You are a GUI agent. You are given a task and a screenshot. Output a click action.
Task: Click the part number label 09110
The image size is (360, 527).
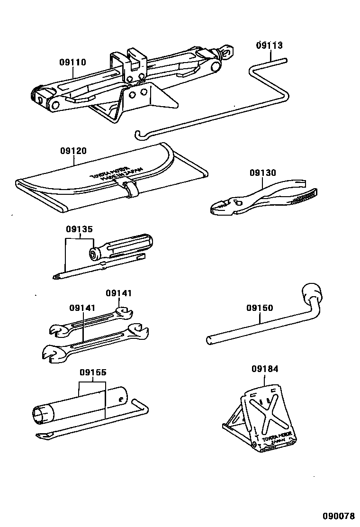[x=72, y=62]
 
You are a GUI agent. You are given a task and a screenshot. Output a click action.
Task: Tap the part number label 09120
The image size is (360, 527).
[x=73, y=151]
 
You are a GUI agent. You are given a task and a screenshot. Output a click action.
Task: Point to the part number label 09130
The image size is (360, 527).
[x=263, y=173]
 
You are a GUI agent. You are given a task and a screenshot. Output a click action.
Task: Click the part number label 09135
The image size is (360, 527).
[x=79, y=229]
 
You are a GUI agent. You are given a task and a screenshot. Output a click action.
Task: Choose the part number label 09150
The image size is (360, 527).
[x=259, y=308]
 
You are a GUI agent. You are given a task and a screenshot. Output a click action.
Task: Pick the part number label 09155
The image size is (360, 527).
[x=92, y=373]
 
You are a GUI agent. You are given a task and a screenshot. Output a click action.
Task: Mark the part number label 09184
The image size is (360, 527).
[x=265, y=368]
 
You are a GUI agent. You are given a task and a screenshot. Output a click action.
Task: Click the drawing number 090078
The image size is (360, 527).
[x=339, y=516]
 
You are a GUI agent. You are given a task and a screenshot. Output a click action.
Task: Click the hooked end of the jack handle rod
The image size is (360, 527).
[x=139, y=135]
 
